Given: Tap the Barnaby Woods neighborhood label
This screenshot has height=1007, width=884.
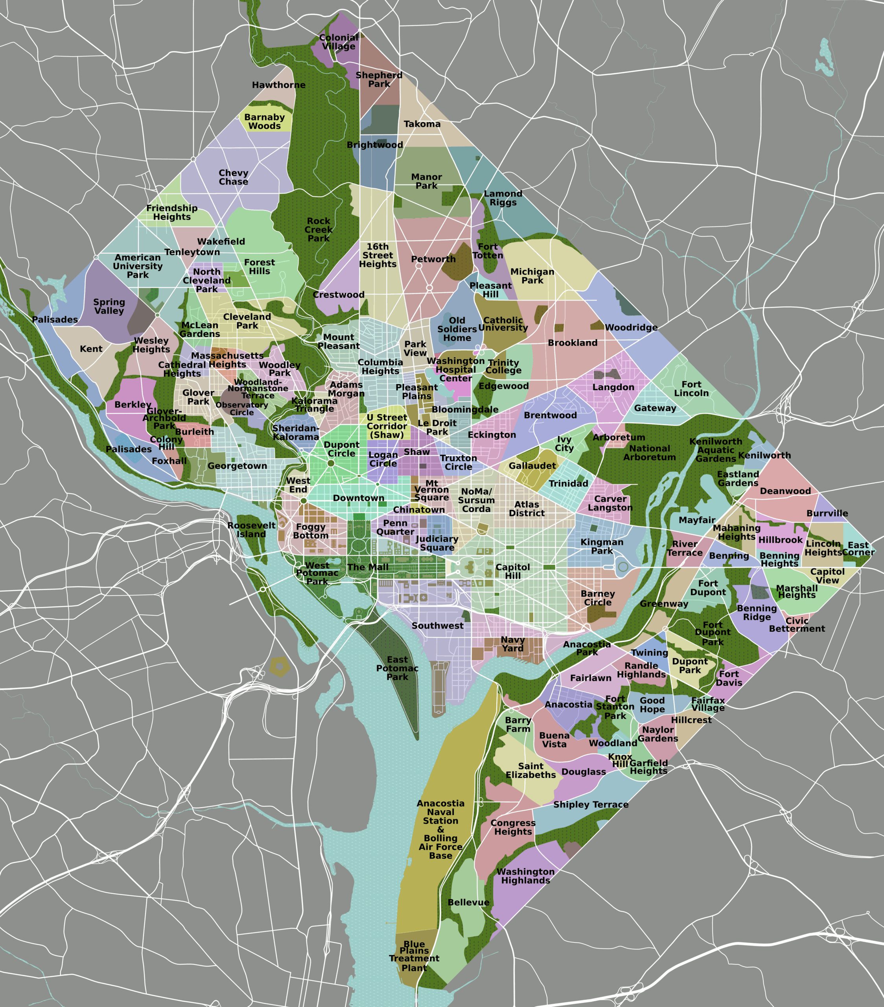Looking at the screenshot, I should coord(265,121).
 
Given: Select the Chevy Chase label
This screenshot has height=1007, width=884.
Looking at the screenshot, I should coord(234,177).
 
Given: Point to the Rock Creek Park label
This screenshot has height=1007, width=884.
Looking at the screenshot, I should coord(319,230).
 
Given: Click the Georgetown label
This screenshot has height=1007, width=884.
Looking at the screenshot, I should coord(238,466).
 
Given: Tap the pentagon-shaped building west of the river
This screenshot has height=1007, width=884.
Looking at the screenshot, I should coord(279,667).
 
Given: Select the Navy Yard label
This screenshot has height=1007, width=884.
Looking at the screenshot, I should coord(513,644).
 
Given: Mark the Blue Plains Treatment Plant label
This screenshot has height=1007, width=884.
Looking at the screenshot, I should coord(414,956).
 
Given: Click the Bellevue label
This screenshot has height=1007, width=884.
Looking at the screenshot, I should coord(468,902).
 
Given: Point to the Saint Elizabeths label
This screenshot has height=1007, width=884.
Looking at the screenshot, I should coord(530,771).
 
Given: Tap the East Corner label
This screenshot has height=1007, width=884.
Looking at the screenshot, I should coord(858,548).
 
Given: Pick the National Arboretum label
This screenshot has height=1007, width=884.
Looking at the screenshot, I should coord(650,453).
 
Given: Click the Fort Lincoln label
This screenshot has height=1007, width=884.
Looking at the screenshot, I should coord(691,389).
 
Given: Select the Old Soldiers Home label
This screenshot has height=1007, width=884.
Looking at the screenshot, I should coord(457,329).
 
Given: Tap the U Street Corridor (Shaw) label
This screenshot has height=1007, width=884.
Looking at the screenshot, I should coord(387,426).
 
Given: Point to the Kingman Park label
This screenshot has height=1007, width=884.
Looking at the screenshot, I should coord(602,546).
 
